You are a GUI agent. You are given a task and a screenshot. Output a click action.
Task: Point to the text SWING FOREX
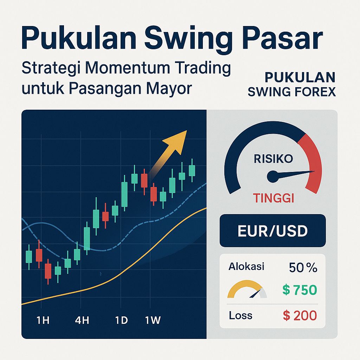click(x=291, y=92)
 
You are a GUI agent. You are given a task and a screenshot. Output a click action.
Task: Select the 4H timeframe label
click(x=82, y=321)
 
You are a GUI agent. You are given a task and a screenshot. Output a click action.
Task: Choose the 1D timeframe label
click(x=121, y=321)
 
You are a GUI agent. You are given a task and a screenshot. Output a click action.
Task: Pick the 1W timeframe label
click(x=153, y=321)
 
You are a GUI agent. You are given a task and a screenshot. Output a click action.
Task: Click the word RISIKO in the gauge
click(x=273, y=159)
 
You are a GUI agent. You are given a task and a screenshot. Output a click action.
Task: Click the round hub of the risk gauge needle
click(x=272, y=176)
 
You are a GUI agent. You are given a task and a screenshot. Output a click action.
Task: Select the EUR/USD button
click(x=272, y=231)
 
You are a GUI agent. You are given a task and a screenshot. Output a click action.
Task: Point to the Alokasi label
click(x=246, y=266)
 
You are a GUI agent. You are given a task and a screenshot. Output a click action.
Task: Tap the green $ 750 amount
click(x=300, y=290)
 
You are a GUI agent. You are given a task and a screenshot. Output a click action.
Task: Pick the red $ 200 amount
click(x=300, y=316)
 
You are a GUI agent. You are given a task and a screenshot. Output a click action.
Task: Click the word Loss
click(x=240, y=315)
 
